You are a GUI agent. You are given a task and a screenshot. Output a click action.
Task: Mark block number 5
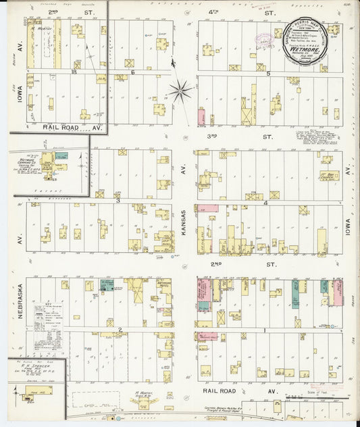[x=268, y=73]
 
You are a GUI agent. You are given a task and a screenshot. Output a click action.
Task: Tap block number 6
[x=133, y=72]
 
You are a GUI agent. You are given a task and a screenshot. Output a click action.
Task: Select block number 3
[x=118, y=200]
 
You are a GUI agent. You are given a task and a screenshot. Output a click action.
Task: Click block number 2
[x=120, y=329]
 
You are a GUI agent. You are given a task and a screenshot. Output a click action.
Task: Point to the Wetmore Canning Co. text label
[x=25, y=162]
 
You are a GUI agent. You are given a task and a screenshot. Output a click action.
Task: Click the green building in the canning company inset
[x=61, y=155]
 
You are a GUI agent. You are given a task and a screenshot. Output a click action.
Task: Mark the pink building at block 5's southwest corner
[x=201, y=116]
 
